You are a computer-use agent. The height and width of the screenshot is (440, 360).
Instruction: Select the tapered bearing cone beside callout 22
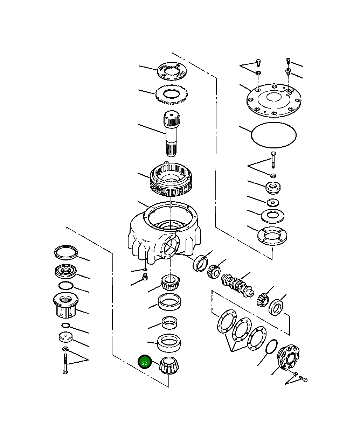(169, 366)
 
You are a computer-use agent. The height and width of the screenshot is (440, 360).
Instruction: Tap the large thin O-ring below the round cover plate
(274, 135)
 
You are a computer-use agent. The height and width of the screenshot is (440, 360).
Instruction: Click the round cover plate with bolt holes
(274, 99)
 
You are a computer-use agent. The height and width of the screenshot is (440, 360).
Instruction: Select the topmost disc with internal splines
(171, 71)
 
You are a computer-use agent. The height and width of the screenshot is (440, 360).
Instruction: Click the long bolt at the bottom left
(65, 364)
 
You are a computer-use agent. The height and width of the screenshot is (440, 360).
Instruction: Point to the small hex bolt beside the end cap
(303, 379)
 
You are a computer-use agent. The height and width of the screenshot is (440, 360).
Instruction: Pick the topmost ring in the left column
(65, 252)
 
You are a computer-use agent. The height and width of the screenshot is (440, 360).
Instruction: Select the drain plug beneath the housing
(144, 279)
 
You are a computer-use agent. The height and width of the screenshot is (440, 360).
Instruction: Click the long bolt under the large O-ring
(273, 160)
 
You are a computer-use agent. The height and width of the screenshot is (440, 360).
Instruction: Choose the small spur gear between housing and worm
(214, 271)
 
